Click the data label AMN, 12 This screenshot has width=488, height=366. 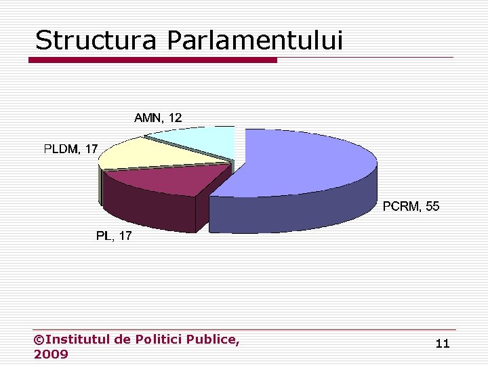157,118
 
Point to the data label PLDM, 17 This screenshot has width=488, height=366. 70,149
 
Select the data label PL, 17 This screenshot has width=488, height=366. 114,236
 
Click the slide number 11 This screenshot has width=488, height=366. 442,344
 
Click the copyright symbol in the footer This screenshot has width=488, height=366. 39,339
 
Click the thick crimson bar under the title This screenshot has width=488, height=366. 152,60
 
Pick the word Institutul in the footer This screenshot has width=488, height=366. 80,339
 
